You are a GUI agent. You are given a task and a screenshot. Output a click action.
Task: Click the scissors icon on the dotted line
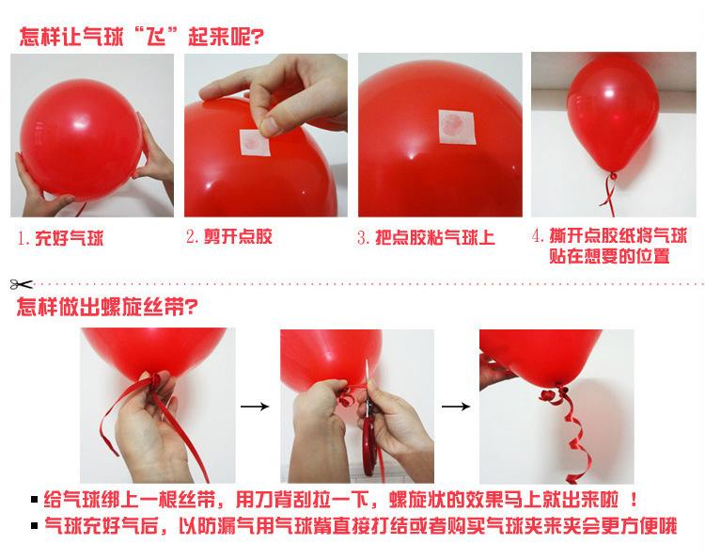[x=21, y=284]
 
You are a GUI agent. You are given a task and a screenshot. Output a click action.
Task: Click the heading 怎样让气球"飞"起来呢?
[x=141, y=36]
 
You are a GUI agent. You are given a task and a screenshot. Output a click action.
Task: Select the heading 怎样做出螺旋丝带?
[x=107, y=307]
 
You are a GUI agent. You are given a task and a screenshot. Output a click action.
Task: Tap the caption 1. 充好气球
[x=61, y=238]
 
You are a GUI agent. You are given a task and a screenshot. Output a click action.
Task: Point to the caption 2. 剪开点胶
[x=229, y=236]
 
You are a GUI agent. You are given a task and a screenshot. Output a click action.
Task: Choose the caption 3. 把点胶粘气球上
[x=426, y=237]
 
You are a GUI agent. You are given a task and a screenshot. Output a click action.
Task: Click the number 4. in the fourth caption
[x=539, y=235]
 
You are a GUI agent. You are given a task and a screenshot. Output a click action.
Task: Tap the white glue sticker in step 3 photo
[x=457, y=126]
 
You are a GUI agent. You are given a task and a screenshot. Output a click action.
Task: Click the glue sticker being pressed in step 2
[x=255, y=142]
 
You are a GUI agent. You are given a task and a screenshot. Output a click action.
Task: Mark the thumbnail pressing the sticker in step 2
[x=270, y=126]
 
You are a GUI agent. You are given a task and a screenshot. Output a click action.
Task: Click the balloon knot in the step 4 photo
[x=612, y=176]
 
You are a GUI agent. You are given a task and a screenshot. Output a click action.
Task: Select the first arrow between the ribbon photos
[x=255, y=407]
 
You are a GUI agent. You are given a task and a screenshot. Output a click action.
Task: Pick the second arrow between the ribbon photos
[x=456, y=407]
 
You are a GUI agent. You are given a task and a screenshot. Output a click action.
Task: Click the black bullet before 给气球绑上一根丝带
[x=35, y=499]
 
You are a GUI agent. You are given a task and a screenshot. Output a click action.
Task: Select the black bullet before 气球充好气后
[x=35, y=525]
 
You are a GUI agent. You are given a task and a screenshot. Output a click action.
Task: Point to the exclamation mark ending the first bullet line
[x=634, y=499]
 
